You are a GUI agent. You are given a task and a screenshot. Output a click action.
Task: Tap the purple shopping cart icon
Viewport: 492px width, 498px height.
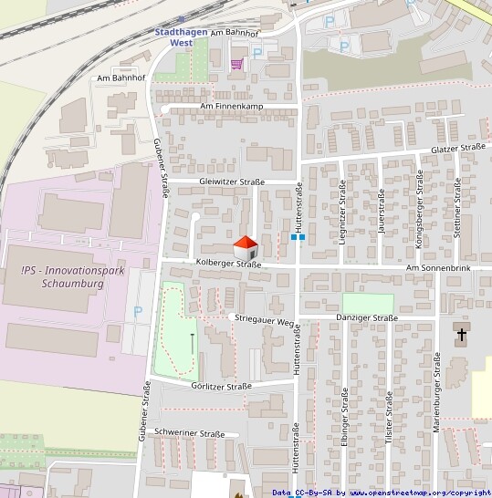(x=237, y=64)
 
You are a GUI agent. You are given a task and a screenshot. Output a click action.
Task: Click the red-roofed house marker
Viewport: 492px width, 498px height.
(x=246, y=246)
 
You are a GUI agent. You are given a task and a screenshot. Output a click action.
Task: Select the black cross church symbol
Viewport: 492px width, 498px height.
(x=462, y=334)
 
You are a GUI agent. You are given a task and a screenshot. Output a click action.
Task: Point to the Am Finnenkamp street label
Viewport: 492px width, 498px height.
(x=229, y=108)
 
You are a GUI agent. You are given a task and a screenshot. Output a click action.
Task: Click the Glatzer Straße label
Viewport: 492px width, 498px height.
(x=459, y=148)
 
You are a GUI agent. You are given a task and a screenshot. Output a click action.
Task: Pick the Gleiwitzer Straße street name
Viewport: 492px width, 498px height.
(x=232, y=182)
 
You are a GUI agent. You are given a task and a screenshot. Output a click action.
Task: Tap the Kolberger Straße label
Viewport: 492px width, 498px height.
(x=228, y=265)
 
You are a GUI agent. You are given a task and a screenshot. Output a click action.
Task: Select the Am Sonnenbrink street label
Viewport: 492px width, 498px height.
(x=438, y=268)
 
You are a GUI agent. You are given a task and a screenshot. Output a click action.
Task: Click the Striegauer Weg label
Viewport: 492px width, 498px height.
(x=263, y=322)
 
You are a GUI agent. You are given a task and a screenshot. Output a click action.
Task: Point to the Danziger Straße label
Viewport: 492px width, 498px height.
(x=367, y=318)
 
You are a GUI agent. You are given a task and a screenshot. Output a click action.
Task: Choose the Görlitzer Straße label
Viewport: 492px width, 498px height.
(x=222, y=386)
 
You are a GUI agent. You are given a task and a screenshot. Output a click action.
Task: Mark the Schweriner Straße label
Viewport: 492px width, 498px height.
(x=190, y=434)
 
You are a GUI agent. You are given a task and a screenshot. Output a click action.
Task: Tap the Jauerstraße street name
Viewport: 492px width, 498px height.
(x=382, y=212)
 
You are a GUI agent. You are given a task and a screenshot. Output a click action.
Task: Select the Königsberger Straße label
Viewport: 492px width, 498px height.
(x=420, y=205)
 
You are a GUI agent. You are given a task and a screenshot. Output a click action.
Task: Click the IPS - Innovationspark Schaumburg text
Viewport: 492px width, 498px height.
(x=62, y=276)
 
